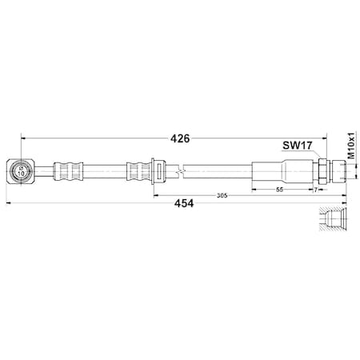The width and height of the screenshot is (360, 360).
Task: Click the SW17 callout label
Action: point(295,146)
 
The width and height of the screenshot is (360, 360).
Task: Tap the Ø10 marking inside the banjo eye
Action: point(22,170)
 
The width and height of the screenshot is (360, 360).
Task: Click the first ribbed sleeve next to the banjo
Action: point(66,170)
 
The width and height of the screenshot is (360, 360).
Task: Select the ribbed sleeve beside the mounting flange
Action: point(135,170)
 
